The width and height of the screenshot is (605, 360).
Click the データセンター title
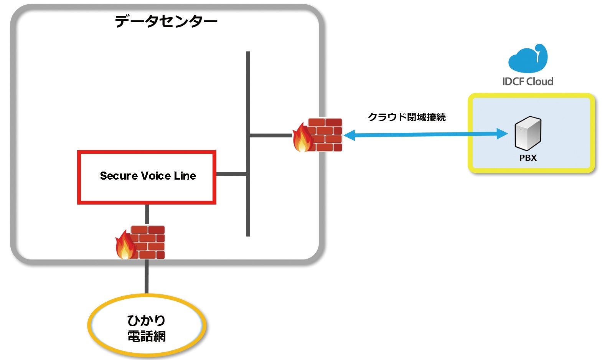click(x=166, y=21)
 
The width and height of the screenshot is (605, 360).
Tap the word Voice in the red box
click(x=156, y=176)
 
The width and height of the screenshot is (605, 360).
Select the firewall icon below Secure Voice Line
click(x=140, y=243)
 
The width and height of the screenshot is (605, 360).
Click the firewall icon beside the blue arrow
click(x=317, y=135)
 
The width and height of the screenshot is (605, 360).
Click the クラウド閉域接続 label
click(x=407, y=117)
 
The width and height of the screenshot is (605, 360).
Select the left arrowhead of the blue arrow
click(x=349, y=135)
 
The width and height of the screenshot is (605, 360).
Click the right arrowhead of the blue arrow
click(x=502, y=134)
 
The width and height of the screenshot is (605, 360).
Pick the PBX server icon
click(x=528, y=133)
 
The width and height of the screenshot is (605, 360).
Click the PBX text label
click(x=528, y=158)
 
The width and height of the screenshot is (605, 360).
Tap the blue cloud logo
click(x=528, y=58)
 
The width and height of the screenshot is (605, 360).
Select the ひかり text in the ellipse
click(x=146, y=321)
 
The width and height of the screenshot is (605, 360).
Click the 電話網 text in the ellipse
click(x=147, y=337)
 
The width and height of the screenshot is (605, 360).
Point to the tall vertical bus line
click(x=248, y=144)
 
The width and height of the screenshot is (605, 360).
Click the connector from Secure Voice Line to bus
click(x=231, y=174)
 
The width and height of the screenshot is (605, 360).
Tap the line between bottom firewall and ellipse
click(x=147, y=276)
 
